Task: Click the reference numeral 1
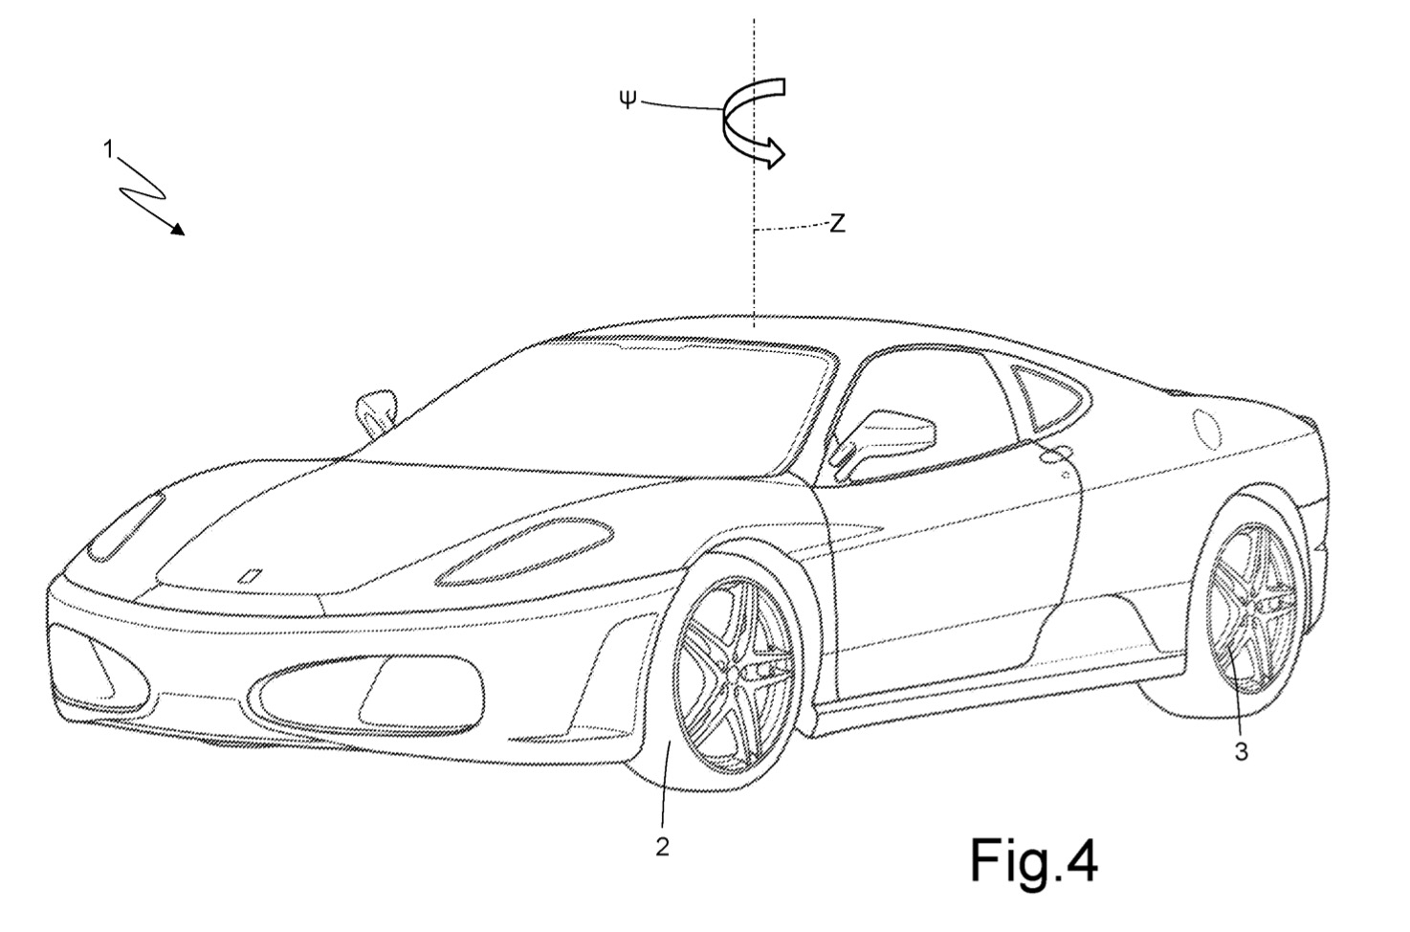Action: click(x=109, y=150)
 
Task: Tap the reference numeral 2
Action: click(x=662, y=847)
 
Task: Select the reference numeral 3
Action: click(x=1241, y=751)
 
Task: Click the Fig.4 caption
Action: click(x=1034, y=861)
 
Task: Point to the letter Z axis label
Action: click(x=837, y=223)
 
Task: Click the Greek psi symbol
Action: click(x=628, y=99)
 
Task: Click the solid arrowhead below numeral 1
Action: click(x=177, y=229)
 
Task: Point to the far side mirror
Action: click(x=376, y=412)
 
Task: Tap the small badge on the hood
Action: click(x=251, y=576)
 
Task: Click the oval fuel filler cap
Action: click(x=1206, y=430)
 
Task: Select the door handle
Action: click(x=1058, y=454)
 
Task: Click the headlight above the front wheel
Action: click(x=523, y=552)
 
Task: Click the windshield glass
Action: click(x=585, y=410)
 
